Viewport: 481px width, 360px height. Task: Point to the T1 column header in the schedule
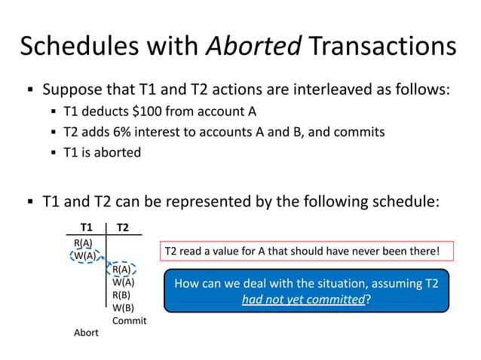pos(87,227)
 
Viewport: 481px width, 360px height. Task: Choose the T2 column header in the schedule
pos(123,227)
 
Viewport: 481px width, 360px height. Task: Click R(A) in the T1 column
pos(83,243)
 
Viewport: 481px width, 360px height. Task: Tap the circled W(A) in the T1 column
pos(84,255)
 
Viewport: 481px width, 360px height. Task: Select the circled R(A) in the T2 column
pos(122,269)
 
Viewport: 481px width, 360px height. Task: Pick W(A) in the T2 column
pos(123,282)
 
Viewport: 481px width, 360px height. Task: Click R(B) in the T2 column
pos(122,294)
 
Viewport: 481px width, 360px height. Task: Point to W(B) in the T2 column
pos(123,307)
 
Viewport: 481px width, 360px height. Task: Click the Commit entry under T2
pos(129,321)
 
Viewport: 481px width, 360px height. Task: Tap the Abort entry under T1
pos(86,333)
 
